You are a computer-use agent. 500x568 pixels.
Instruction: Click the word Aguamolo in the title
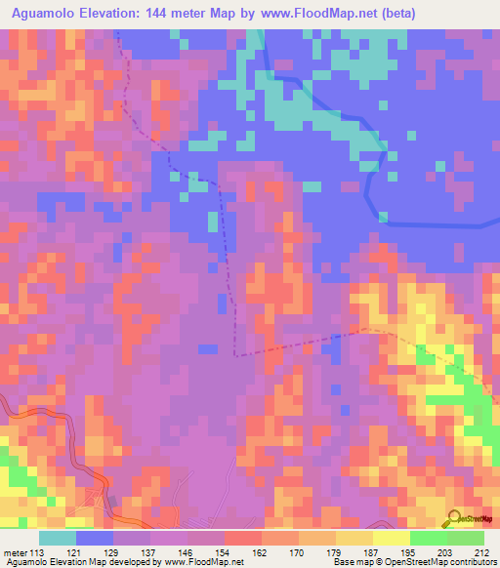point(43,13)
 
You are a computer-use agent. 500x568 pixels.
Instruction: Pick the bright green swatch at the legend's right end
point(466,538)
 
